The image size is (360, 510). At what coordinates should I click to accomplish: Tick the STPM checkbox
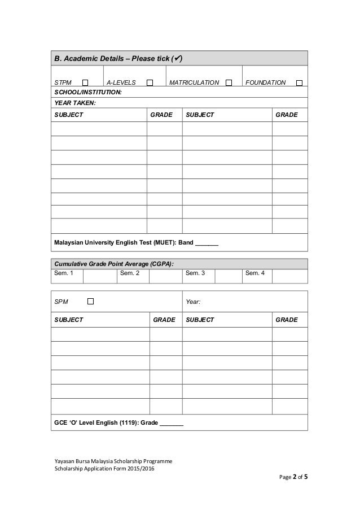85,82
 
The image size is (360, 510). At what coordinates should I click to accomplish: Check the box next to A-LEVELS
150,82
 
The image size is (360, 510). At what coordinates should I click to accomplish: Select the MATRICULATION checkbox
229,82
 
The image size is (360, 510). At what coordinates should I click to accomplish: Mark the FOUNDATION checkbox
299,82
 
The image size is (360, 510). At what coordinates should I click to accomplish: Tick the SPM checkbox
90,302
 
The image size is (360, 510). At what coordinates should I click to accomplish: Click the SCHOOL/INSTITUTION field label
87,92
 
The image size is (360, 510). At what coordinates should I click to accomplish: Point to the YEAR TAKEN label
74,103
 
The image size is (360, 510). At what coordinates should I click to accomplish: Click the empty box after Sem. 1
100,276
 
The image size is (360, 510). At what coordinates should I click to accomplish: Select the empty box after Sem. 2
165,276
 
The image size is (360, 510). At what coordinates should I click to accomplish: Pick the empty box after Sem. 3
228,276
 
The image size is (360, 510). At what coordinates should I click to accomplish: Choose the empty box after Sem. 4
289,276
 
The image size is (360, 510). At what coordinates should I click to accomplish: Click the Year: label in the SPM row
193,302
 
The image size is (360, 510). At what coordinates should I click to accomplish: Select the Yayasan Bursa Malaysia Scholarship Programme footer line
113,461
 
